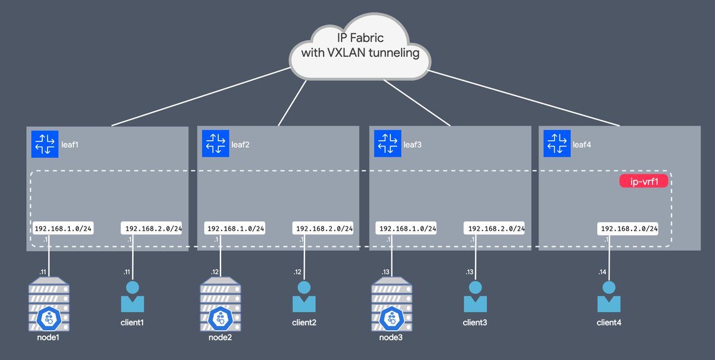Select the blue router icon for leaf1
click(x=45, y=144)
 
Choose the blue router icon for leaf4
click(x=557, y=144)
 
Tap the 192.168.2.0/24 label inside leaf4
click(x=629, y=228)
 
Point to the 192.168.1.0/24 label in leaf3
click(x=406, y=228)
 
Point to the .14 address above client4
click(x=602, y=272)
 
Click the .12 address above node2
click(x=215, y=272)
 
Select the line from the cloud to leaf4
click(x=524, y=98)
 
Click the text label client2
click(x=304, y=322)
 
